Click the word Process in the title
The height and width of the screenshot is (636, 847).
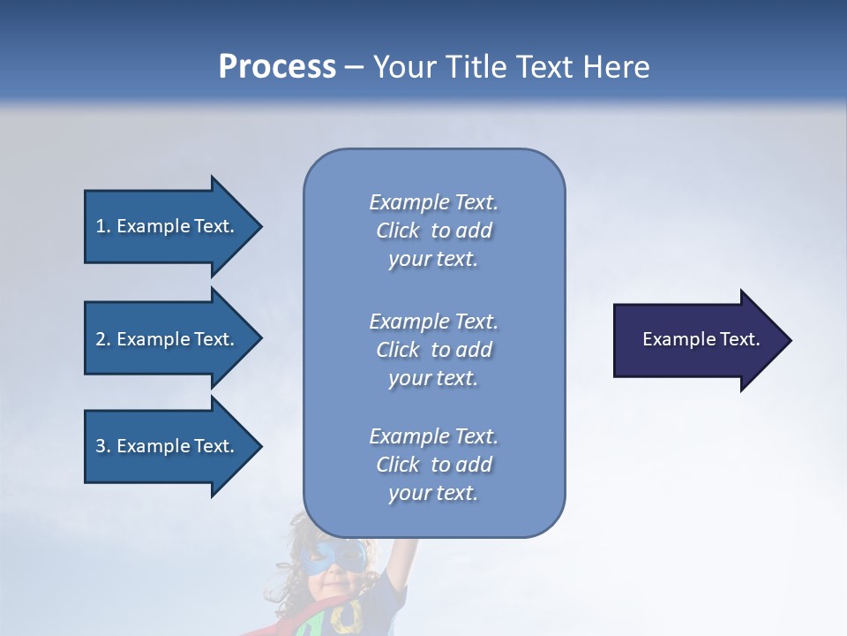pyautogui.click(x=277, y=67)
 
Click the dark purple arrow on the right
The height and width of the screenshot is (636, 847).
pyautogui.click(x=697, y=340)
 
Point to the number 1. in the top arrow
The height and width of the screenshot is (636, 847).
pyautogui.click(x=103, y=226)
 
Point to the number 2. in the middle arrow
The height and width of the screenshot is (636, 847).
pyautogui.click(x=103, y=339)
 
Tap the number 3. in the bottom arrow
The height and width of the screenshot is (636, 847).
pyautogui.click(x=103, y=446)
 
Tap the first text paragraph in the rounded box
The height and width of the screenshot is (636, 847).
pyautogui.click(x=433, y=231)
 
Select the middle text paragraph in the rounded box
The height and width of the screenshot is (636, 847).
pyautogui.click(x=433, y=350)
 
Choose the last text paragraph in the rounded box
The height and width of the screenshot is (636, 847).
pyautogui.click(x=433, y=465)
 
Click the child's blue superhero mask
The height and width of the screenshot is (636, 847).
pyautogui.click(x=333, y=557)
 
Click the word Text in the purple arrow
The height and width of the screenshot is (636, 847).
pyautogui.click(x=739, y=339)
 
